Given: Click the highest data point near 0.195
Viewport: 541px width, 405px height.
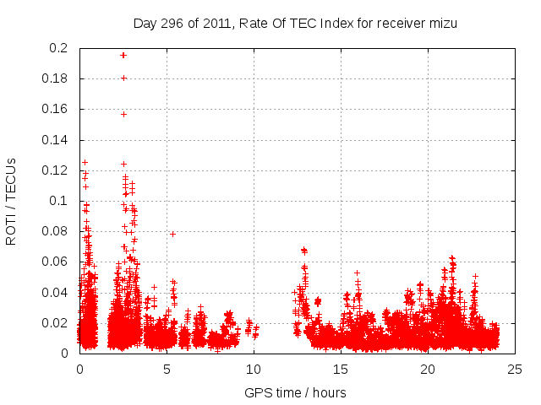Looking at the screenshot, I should pos(123,55).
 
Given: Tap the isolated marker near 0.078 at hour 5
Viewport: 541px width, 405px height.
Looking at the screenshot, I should pos(172,234).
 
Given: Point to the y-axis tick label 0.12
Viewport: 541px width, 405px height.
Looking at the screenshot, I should pos(57,170).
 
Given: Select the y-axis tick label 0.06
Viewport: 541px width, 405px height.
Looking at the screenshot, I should pos(57,262).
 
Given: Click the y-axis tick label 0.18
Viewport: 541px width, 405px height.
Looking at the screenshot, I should pos(57,78).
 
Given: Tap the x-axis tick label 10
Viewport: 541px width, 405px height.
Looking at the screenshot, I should pos(254,370).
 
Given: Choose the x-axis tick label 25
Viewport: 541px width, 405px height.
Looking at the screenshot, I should pos(515,370).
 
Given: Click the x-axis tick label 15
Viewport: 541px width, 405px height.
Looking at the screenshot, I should pos(341,370).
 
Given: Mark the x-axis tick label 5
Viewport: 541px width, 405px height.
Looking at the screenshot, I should pos(167,370).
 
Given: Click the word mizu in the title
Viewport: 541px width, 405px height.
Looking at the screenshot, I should pos(442,23).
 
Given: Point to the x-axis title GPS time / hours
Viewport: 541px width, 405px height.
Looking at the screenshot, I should pos(295,392).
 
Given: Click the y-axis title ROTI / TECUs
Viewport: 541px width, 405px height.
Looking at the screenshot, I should pos(11,201).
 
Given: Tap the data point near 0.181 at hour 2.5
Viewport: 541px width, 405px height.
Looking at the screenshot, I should pos(123,78).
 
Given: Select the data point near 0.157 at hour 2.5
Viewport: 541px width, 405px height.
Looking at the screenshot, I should pos(123,114).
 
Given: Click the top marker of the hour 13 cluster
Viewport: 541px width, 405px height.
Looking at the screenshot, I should pos(303,250).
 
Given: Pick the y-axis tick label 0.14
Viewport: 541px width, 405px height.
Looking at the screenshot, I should pos(57,140).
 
